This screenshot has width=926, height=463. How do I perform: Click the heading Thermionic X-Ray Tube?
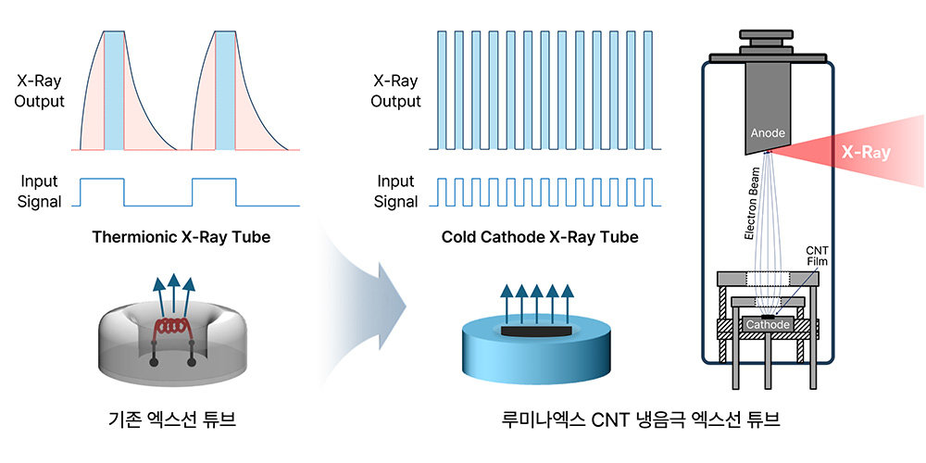[181, 237]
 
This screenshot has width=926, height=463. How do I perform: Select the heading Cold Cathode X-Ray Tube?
[540, 237]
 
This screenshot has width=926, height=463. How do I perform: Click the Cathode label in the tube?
[768, 325]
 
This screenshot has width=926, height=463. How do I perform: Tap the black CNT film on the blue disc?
[536, 330]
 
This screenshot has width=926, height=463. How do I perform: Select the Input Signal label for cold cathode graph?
[395, 192]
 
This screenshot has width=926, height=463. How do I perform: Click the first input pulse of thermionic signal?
[101, 191]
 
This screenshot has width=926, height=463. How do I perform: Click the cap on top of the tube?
[768, 42]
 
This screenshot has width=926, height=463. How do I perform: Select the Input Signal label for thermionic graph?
[39, 192]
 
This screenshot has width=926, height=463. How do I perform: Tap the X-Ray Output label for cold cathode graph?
[395, 91]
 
